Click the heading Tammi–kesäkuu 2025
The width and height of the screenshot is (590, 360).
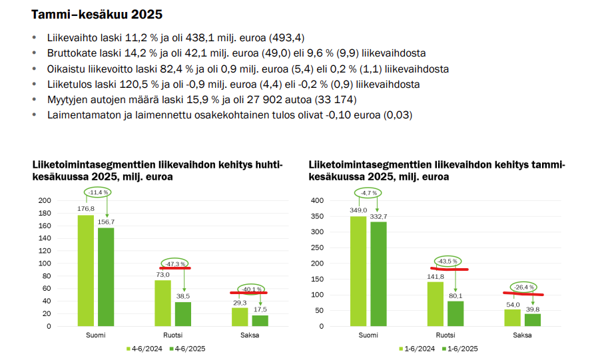point(97,14)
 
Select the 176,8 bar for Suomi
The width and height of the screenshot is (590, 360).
point(86,270)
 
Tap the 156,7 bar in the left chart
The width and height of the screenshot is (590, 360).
point(106,277)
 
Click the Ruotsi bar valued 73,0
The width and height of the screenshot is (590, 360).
point(162,303)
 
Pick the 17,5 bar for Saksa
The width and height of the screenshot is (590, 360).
point(260,320)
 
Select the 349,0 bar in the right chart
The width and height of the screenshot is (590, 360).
point(358,271)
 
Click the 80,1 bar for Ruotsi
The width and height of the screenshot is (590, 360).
point(455,313)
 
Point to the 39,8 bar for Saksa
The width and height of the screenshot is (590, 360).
point(532,319)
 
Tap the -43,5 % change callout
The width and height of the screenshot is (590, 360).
point(446,261)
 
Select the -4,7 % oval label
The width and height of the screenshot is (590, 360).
point(368,193)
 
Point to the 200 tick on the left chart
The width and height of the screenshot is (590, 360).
point(45,200)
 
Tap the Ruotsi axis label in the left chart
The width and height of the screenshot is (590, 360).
point(173,335)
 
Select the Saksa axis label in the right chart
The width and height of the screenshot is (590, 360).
point(521,335)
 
